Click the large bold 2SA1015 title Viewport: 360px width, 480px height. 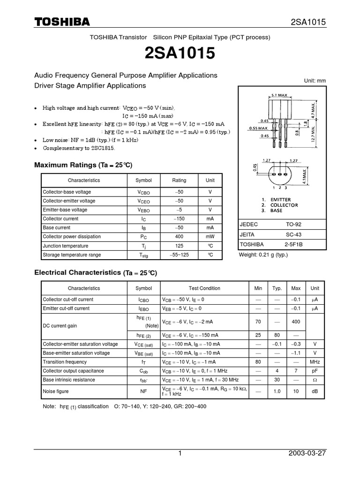tap(180, 54)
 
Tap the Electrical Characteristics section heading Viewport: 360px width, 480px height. tap(96, 272)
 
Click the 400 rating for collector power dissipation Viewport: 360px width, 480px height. tap(179, 237)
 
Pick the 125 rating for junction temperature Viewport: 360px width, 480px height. tap(179, 246)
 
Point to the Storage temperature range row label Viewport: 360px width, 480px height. tap(72, 255)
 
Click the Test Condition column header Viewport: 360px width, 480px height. tap(204, 288)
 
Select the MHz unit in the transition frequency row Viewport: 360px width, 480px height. tap(315, 362)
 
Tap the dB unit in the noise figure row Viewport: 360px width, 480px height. tap(315, 391)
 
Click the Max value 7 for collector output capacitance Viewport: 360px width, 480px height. tap(296, 371)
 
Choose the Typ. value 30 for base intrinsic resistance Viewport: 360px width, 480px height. tap(277, 380)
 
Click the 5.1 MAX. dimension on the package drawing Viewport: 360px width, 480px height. tap(280, 95)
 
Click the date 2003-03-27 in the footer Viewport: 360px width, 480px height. tap(307, 454)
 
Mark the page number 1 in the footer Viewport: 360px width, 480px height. tap(180, 454)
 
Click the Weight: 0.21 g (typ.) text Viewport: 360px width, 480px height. tap(263, 255)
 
